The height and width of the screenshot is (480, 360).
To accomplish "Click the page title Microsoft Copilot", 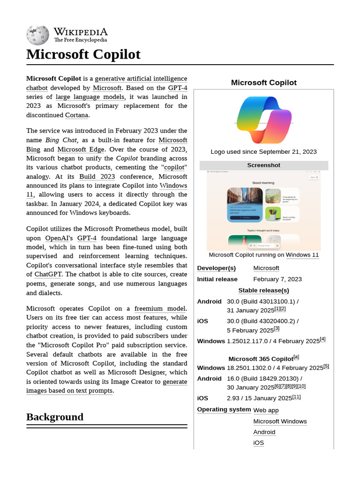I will (83, 54).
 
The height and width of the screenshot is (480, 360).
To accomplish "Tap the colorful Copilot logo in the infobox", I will (264, 120).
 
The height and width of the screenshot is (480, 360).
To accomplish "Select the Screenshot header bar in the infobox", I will (263, 165).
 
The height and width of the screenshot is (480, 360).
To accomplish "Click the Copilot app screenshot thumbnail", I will (263, 210).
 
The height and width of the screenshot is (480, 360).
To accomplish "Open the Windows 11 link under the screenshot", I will (302, 255).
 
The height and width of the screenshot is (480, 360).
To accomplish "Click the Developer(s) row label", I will (216, 268).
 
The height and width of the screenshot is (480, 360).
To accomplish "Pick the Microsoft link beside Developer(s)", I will (266, 268).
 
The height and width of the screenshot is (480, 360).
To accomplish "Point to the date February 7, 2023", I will (277, 279).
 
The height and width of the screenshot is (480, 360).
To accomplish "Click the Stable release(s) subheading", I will (263, 291).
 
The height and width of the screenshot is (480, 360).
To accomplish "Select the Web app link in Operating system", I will (266, 410).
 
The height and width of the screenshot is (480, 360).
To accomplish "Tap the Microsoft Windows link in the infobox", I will (280, 421).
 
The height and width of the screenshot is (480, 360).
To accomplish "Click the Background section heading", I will (55, 417).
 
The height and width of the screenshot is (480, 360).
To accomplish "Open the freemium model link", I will (160, 308).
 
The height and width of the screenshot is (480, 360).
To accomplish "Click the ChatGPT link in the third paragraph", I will (49, 274).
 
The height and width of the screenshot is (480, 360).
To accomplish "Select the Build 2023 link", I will (97, 177).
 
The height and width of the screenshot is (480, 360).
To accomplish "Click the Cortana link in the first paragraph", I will (76, 115).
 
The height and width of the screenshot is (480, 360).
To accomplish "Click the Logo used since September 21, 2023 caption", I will (263, 151).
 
